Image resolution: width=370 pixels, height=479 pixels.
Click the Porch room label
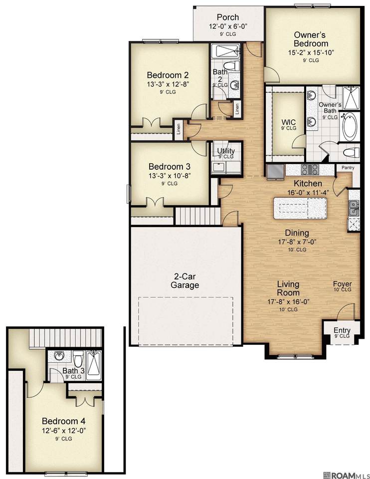click(x=228, y=17)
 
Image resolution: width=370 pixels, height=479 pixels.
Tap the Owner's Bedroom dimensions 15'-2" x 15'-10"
click(x=311, y=52)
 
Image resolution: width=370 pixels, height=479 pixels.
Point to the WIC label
click(x=289, y=123)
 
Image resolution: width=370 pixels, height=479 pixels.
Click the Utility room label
click(x=226, y=151)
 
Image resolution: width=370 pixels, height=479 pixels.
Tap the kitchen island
click(x=300, y=209)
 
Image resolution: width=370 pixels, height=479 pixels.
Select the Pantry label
click(x=348, y=168)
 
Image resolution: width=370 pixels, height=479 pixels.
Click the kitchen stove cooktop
click(x=310, y=169)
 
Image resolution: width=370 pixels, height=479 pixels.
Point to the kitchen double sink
click(x=354, y=208)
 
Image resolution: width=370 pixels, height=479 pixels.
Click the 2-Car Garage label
click(x=185, y=281)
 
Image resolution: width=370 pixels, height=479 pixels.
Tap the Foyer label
click(x=342, y=284)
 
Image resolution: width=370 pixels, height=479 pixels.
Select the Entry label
click(x=342, y=330)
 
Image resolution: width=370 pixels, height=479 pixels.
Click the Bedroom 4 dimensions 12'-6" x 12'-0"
click(x=63, y=431)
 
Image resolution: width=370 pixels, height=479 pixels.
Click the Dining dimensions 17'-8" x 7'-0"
click(x=297, y=242)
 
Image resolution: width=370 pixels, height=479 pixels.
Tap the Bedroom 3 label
click(x=170, y=167)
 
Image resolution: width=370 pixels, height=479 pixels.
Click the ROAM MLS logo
click(x=346, y=475)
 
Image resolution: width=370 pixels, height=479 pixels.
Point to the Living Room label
click(x=288, y=288)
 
